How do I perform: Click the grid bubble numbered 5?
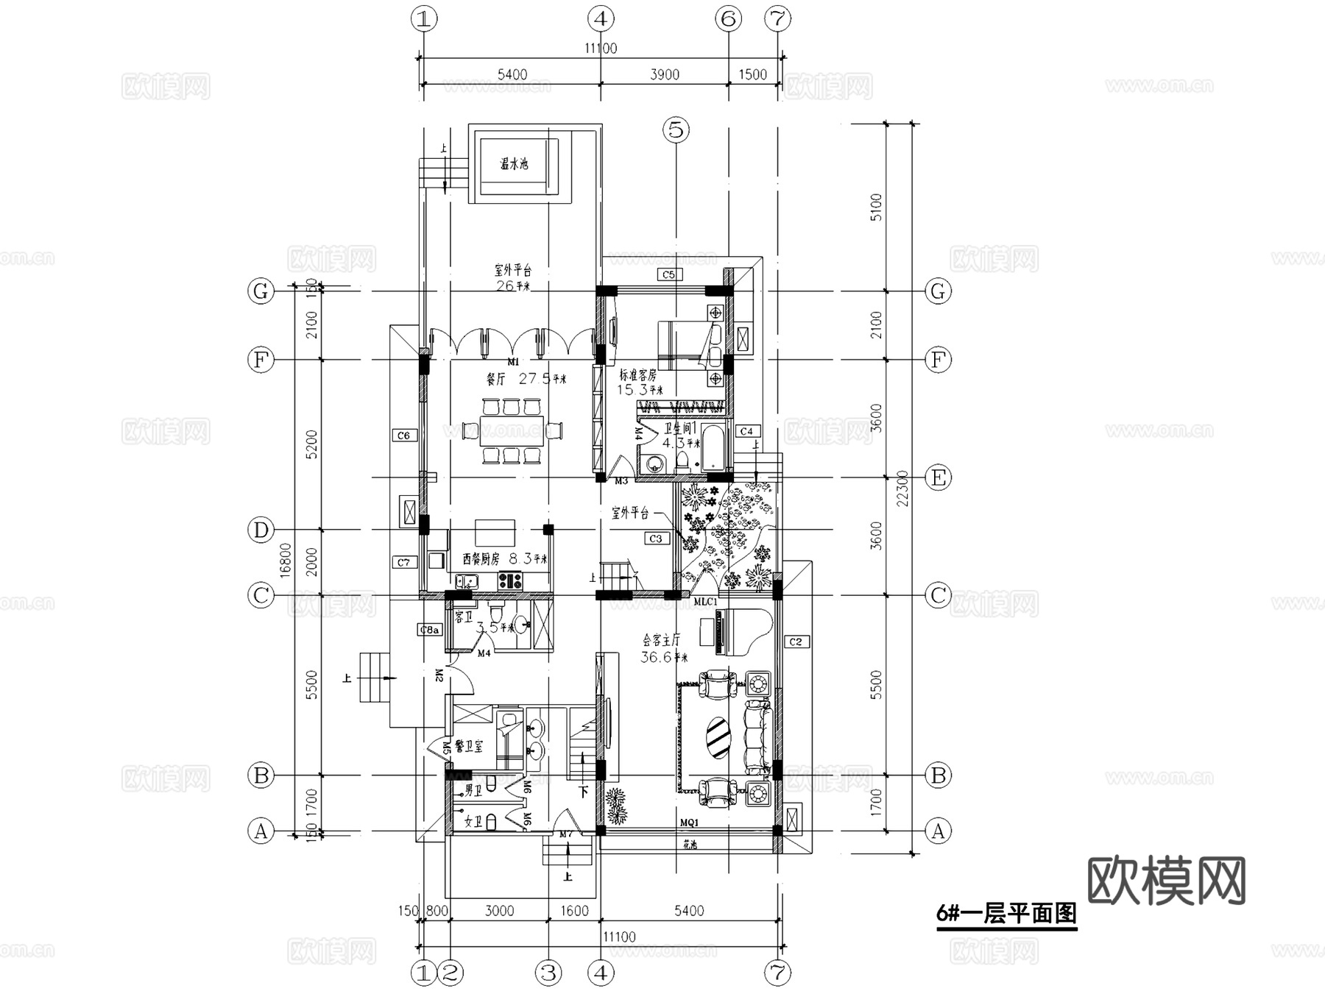pyautogui.click(x=676, y=130)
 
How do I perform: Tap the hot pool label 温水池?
pyautogui.click(x=514, y=164)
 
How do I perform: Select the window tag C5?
pyautogui.click(x=668, y=274)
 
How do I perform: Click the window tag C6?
pyautogui.click(x=403, y=436)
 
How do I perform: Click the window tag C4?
pyautogui.click(x=746, y=431)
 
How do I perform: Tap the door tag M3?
pyautogui.click(x=621, y=481)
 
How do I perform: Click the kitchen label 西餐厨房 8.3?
pyautogui.click(x=505, y=559)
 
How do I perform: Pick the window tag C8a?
pyautogui.click(x=430, y=630)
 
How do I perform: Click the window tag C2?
pyautogui.click(x=796, y=642)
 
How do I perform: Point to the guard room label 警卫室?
pyautogui.click(x=469, y=746)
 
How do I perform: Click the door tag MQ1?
pyautogui.click(x=689, y=823)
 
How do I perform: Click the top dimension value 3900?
pyautogui.click(x=665, y=74)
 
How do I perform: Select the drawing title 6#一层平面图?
pyautogui.click(x=1006, y=914)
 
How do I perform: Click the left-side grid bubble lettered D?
pyautogui.click(x=261, y=530)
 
